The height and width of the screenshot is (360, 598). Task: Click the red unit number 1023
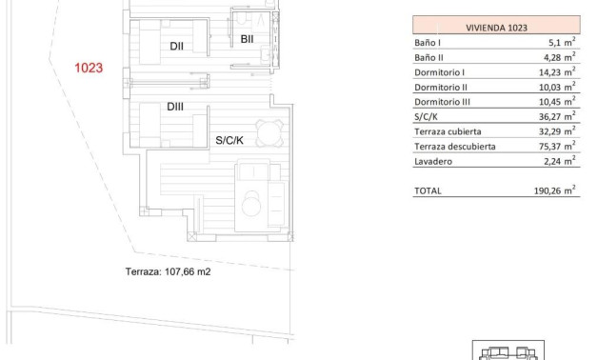pos(88,69)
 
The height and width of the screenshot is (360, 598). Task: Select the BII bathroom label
pos(246,39)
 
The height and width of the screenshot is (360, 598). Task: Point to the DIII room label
pos(175,107)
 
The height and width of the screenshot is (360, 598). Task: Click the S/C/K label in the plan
pos(229,140)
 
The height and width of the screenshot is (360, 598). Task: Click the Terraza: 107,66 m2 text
pos(168,271)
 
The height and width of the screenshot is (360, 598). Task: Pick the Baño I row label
pos(429,44)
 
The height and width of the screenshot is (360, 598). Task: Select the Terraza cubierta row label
pos(448,131)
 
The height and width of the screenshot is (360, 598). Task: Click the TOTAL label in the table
pos(429,190)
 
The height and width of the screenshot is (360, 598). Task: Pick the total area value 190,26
pos(557,190)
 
